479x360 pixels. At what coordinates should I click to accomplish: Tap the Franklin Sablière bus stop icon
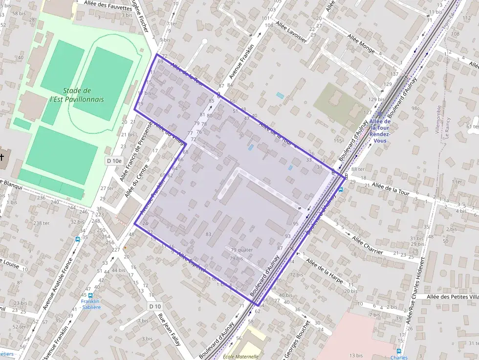[x=90, y=295]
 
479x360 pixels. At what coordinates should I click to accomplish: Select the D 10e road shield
[x=114, y=161]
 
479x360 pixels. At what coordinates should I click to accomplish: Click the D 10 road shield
[x=155, y=306]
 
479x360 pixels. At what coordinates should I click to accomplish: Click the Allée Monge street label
[x=361, y=43]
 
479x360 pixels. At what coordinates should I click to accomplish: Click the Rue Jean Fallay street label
[x=169, y=328]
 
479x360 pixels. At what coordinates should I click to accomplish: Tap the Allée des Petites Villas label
[x=452, y=296]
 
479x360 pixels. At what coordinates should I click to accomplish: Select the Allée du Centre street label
[x=133, y=181]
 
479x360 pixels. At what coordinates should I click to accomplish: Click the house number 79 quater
[x=241, y=250]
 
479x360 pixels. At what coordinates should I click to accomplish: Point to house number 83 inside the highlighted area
[x=209, y=234]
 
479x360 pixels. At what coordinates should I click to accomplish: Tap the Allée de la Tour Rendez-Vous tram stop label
[x=379, y=130]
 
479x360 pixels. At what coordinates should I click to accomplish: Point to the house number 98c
[x=415, y=108]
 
